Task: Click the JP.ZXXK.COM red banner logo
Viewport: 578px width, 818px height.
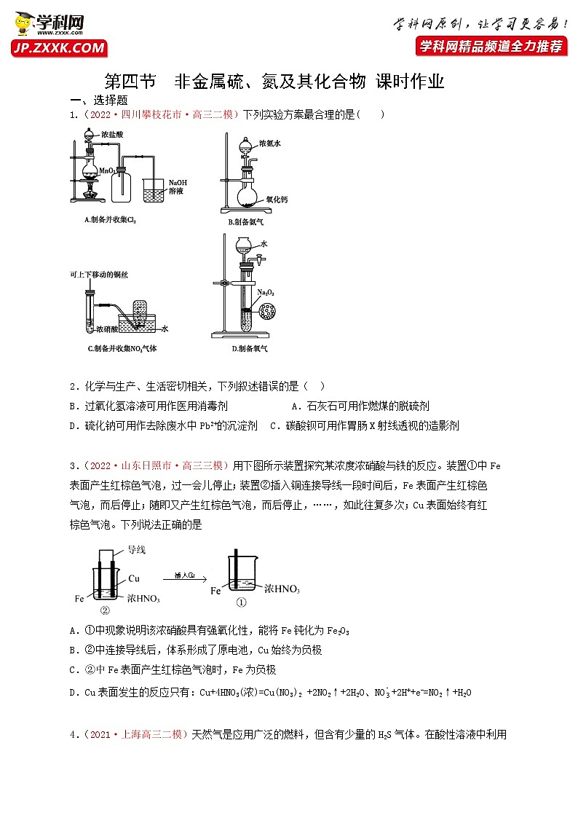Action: click(59, 48)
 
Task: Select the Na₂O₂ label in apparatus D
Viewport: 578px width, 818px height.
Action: click(264, 292)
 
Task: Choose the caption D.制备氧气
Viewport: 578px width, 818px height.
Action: click(249, 348)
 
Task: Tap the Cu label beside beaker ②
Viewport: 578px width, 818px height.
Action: click(134, 578)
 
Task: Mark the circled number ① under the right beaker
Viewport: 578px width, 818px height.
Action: click(242, 602)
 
